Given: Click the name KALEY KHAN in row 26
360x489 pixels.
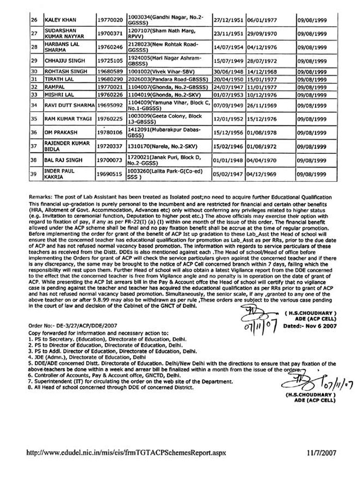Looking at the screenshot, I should pos(61,20).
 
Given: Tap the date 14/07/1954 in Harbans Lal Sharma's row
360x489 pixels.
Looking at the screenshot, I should pos(223,47).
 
